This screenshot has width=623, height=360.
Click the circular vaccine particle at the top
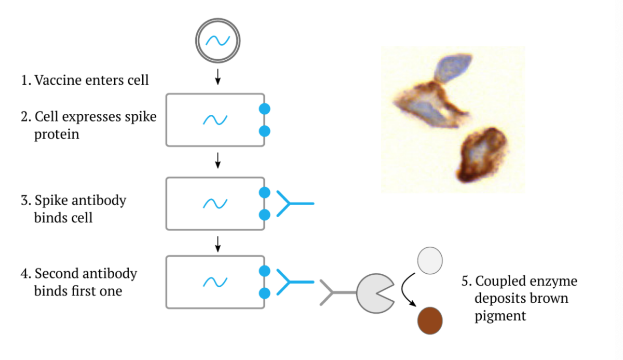click(218, 41)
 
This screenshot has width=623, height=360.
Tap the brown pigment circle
click(430, 321)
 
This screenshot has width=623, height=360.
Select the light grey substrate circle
click(430, 260)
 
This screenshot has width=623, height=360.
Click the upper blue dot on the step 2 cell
click(264, 109)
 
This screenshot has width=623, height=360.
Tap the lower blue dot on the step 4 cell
click(264, 294)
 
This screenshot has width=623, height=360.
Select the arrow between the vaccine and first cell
click(218, 77)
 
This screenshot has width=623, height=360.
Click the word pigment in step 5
click(499, 315)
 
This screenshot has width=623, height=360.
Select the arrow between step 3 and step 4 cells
click(218, 243)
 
